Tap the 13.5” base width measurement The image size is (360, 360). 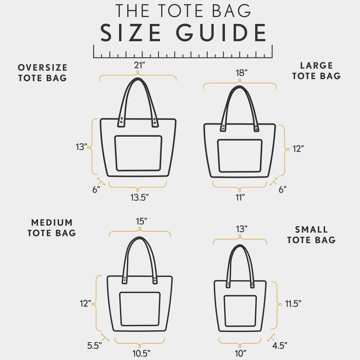[x=140, y=197]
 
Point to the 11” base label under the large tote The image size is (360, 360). [x=240, y=197]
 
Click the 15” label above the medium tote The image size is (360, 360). [x=141, y=222]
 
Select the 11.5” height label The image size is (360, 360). [x=293, y=304]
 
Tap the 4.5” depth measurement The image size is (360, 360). [x=280, y=345]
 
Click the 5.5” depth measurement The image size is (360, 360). [x=95, y=346]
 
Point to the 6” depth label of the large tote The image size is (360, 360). [x=282, y=189]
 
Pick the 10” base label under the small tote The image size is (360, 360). [x=241, y=353]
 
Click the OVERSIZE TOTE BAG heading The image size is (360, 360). [x=43, y=73]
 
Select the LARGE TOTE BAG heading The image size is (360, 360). [x=316, y=71]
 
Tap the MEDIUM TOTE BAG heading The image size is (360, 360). [x=52, y=228]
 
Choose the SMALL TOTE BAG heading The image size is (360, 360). [x=312, y=235]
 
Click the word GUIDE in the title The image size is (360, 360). [x=221, y=33]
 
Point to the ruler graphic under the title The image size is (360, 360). [x=183, y=53]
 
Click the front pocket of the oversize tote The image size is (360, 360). [x=138, y=153]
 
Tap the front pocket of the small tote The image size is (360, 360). [x=240, y=311]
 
